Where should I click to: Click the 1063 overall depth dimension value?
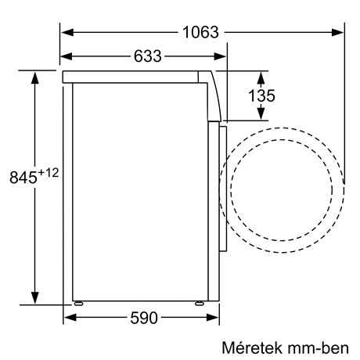coord(201,32)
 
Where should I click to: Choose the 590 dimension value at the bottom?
coord(142,318)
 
